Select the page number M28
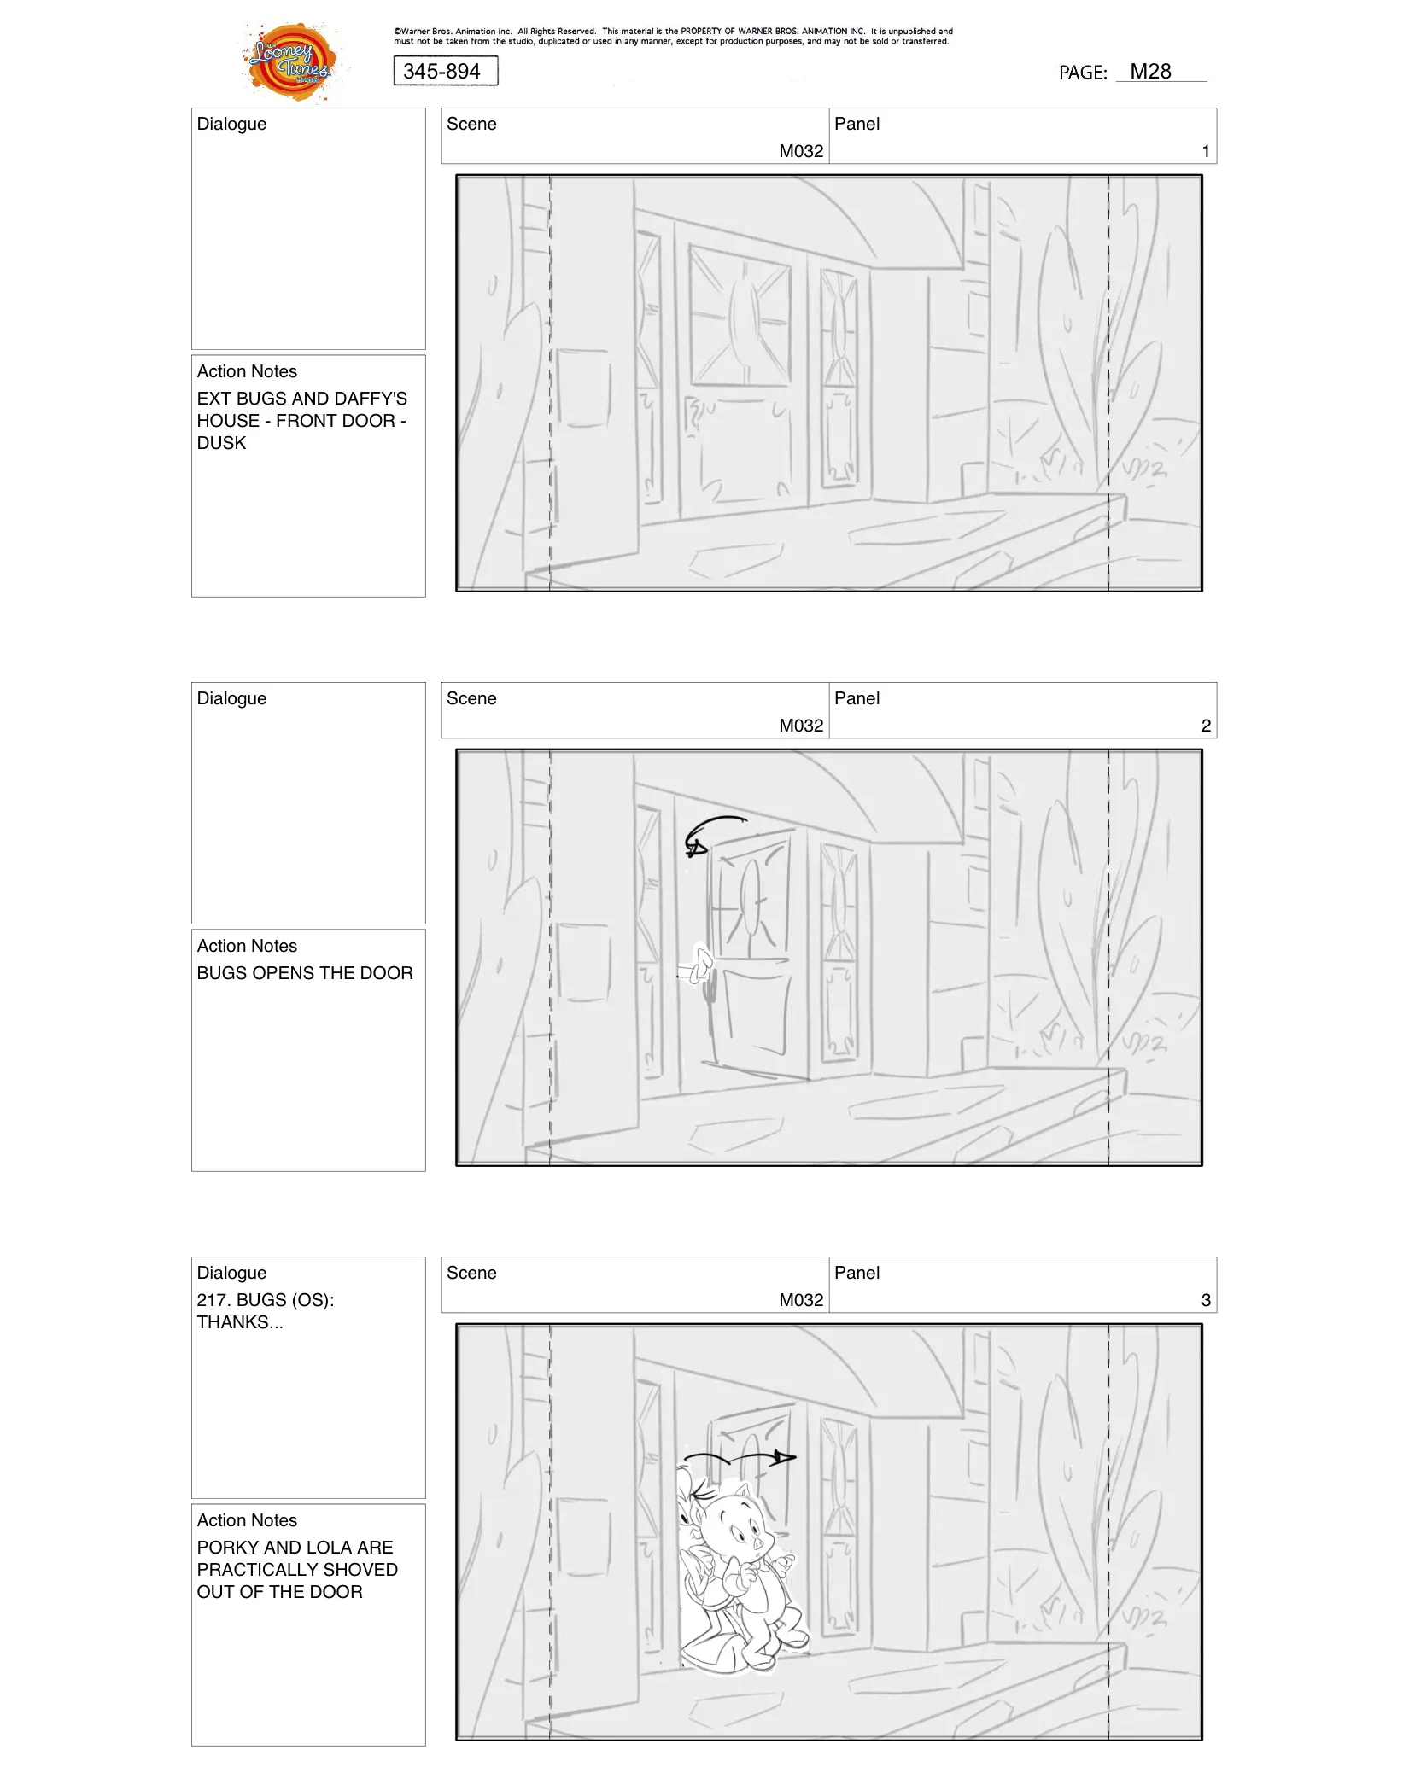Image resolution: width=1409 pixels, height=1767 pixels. (x=1150, y=72)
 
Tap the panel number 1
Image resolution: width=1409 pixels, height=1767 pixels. (x=1205, y=151)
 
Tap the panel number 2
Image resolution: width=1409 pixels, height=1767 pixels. (x=1205, y=726)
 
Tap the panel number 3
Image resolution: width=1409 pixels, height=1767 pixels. (x=1205, y=1300)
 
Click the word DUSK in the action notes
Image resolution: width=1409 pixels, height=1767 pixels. (x=221, y=443)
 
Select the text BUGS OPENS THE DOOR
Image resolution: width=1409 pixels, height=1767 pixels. (x=304, y=973)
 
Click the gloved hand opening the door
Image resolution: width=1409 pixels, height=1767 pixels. (x=700, y=965)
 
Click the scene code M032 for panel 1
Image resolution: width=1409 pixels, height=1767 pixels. (x=800, y=151)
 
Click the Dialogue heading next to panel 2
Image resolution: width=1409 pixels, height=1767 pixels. (x=231, y=698)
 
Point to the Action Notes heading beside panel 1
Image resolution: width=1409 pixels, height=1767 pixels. (x=247, y=371)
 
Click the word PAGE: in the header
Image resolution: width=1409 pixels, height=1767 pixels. (x=1083, y=73)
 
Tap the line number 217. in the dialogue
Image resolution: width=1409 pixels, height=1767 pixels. (x=213, y=1300)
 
